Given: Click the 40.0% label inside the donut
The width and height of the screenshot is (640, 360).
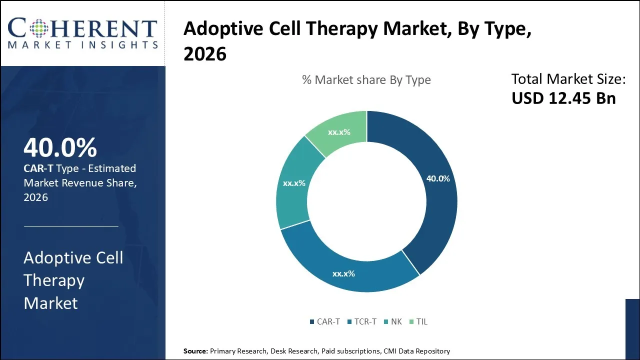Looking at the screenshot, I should (437, 178).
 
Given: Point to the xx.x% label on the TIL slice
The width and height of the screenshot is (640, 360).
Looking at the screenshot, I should (339, 132).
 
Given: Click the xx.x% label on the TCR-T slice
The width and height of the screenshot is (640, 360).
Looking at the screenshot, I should (343, 273).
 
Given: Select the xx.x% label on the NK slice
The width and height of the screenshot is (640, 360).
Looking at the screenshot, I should (294, 183).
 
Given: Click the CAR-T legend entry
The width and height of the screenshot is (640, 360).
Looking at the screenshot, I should (324, 321).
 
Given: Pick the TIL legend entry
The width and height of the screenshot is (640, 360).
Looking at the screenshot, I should (418, 321).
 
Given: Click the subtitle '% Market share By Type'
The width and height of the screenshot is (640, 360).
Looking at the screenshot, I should (366, 80).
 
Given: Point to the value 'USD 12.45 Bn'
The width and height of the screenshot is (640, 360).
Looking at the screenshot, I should (563, 98).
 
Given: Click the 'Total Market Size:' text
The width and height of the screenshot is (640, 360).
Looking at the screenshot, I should (568, 79).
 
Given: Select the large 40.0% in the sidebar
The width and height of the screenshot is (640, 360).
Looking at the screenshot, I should (60, 148).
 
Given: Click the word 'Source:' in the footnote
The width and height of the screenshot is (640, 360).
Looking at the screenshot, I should (195, 351).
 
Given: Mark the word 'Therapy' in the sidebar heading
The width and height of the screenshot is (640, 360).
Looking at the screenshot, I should (54, 280).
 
